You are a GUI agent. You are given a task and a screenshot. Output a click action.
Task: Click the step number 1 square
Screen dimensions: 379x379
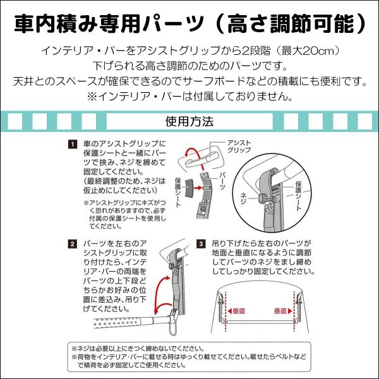coord(72,144)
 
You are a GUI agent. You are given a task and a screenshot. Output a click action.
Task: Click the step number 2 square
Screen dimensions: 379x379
coord(72,244)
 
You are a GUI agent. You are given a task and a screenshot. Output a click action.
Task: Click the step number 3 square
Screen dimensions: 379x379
coord(201,244)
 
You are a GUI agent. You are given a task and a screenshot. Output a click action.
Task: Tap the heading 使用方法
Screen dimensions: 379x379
coord(189,121)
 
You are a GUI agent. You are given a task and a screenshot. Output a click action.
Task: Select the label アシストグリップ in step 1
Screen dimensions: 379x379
coord(239,147)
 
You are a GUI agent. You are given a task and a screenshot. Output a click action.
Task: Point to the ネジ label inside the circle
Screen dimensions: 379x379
coord(243,198)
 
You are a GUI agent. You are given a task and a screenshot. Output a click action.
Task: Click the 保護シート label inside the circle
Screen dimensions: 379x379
coord(299,196)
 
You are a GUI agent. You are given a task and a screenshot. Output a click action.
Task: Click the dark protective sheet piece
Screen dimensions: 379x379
coord(189,188)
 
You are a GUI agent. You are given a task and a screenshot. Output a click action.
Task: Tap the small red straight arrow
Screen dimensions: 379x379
coord(198,188)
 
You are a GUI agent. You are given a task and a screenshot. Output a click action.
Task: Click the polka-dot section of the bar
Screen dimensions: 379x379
coord(117,323)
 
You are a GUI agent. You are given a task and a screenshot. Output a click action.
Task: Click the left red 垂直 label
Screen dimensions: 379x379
coord(237,311)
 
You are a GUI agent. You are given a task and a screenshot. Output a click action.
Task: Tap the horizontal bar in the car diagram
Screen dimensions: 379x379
coord(260,322)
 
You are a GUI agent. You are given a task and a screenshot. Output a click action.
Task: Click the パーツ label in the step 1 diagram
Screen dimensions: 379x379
coord(222,181)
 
